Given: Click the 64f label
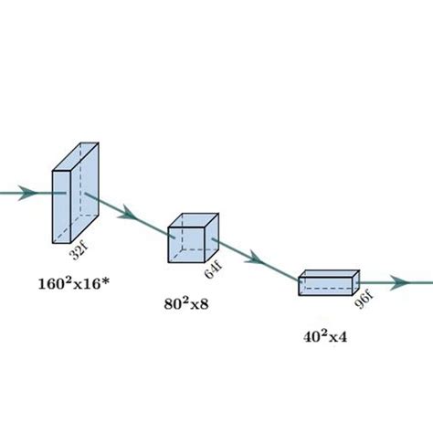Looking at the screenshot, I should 213,269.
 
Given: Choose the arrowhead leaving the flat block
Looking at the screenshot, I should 399,283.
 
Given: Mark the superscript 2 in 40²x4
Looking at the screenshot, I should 316,332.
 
